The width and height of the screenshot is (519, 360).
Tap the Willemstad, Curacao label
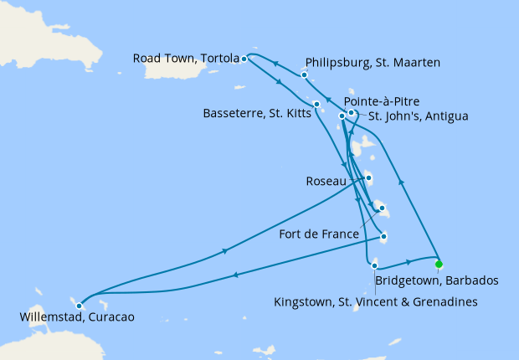76,317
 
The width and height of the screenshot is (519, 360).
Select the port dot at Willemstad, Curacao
79,306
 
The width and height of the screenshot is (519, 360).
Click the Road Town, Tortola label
186,59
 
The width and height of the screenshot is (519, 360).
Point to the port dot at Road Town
244,59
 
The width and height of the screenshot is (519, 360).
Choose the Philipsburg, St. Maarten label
373,62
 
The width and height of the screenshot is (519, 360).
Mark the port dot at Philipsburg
305,75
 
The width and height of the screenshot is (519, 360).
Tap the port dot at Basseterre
316,104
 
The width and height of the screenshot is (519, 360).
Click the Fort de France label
319,234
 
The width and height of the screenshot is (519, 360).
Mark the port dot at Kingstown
374,265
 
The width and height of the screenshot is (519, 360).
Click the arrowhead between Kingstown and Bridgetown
409,261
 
